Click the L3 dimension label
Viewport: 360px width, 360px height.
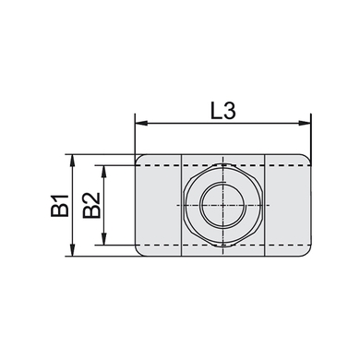point(223,111)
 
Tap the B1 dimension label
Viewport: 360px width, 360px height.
point(60,206)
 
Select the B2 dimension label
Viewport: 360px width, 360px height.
point(91,206)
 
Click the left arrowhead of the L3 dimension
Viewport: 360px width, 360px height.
point(140,124)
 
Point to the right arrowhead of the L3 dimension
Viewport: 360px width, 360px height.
point(306,124)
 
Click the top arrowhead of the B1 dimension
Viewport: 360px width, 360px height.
point(73,160)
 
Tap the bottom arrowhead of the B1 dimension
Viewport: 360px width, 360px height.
point(73,250)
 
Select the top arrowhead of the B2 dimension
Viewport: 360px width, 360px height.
point(104,171)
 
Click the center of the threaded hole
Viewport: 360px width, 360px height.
point(223,205)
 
